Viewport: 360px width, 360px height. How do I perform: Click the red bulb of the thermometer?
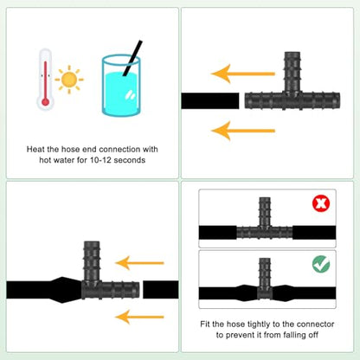(45, 102)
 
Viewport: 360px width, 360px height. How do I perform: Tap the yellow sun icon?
(69, 80)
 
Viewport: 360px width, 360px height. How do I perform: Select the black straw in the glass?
(132, 58)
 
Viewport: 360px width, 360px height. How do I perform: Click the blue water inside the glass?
(121, 93)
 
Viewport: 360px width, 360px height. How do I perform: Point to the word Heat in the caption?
(35, 149)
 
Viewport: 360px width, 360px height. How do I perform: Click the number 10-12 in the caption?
(100, 160)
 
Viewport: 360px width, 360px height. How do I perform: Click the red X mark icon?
(321, 203)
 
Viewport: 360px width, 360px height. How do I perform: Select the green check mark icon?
(321, 264)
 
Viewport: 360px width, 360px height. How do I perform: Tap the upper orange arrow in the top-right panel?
(243, 74)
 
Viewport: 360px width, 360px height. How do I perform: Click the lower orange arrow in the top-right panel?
(243, 131)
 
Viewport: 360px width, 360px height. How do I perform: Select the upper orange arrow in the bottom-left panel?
(139, 263)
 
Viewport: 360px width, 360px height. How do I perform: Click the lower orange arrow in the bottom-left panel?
(139, 317)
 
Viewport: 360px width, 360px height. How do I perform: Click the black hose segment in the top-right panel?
(210, 101)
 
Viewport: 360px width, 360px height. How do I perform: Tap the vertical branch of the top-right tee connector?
(292, 72)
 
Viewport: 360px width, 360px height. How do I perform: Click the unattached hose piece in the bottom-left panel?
(161, 290)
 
